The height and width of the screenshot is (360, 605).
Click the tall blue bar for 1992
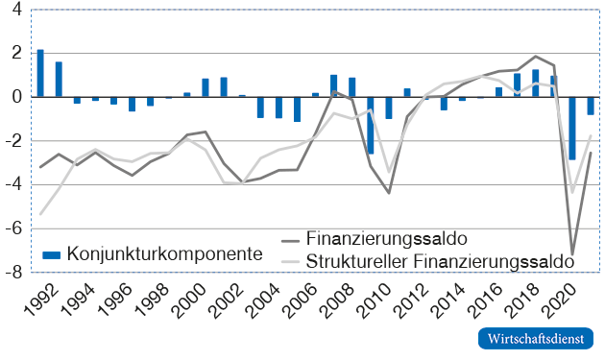coord(40,73)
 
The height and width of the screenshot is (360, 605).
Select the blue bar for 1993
coord(59,79)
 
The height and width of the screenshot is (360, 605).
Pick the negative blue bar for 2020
coord(572,128)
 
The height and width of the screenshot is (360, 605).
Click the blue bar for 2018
coord(536,83)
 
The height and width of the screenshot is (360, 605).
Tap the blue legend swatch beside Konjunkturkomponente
coord(52,254)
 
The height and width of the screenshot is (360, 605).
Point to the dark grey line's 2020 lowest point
coord(572,254)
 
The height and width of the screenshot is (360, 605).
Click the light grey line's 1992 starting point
coord(40,214)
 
